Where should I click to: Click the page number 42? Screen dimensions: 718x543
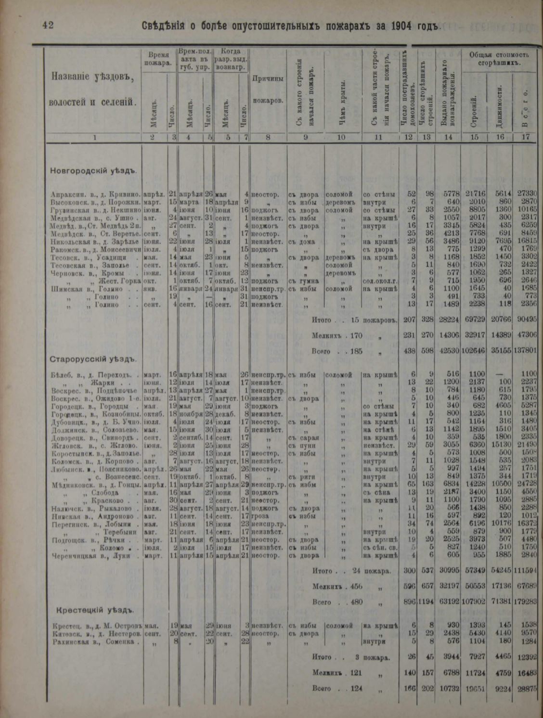pyautogui.click(x=48, y=25)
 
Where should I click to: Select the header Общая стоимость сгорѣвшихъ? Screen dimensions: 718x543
pyautogui.click(x=496, y=59)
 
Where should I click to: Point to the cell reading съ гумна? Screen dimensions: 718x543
pyautogui.click(x=301, y=281)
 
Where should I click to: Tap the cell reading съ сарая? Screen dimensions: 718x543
pyautogui.click(x=302, y=437)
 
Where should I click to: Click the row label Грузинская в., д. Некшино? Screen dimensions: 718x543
pyautogui.click(x=95, y=210)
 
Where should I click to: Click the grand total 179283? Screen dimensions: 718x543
pyautogui.click(x=525, y=602)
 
